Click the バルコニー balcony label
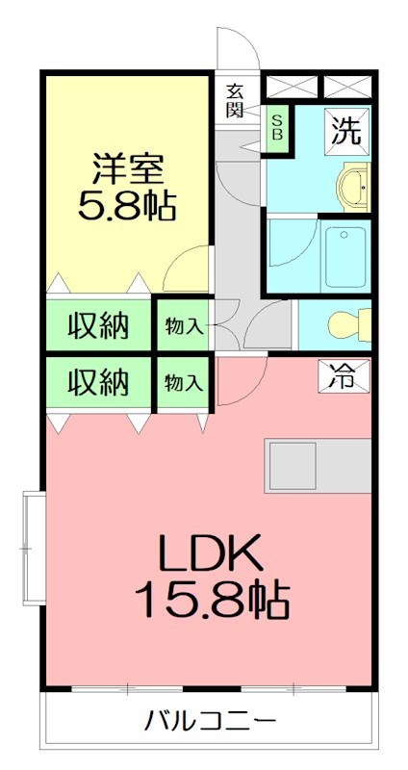coord(211,720)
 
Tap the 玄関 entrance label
coord(236,99)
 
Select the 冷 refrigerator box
coord(341,374)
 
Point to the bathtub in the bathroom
coord(345,257)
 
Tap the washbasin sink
coord(355,185)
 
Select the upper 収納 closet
coord(98,326)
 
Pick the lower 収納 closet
coord(98,382)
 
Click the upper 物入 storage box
coord(183,326)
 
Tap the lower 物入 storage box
coord(183,382)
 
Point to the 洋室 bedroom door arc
coord(189,269)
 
